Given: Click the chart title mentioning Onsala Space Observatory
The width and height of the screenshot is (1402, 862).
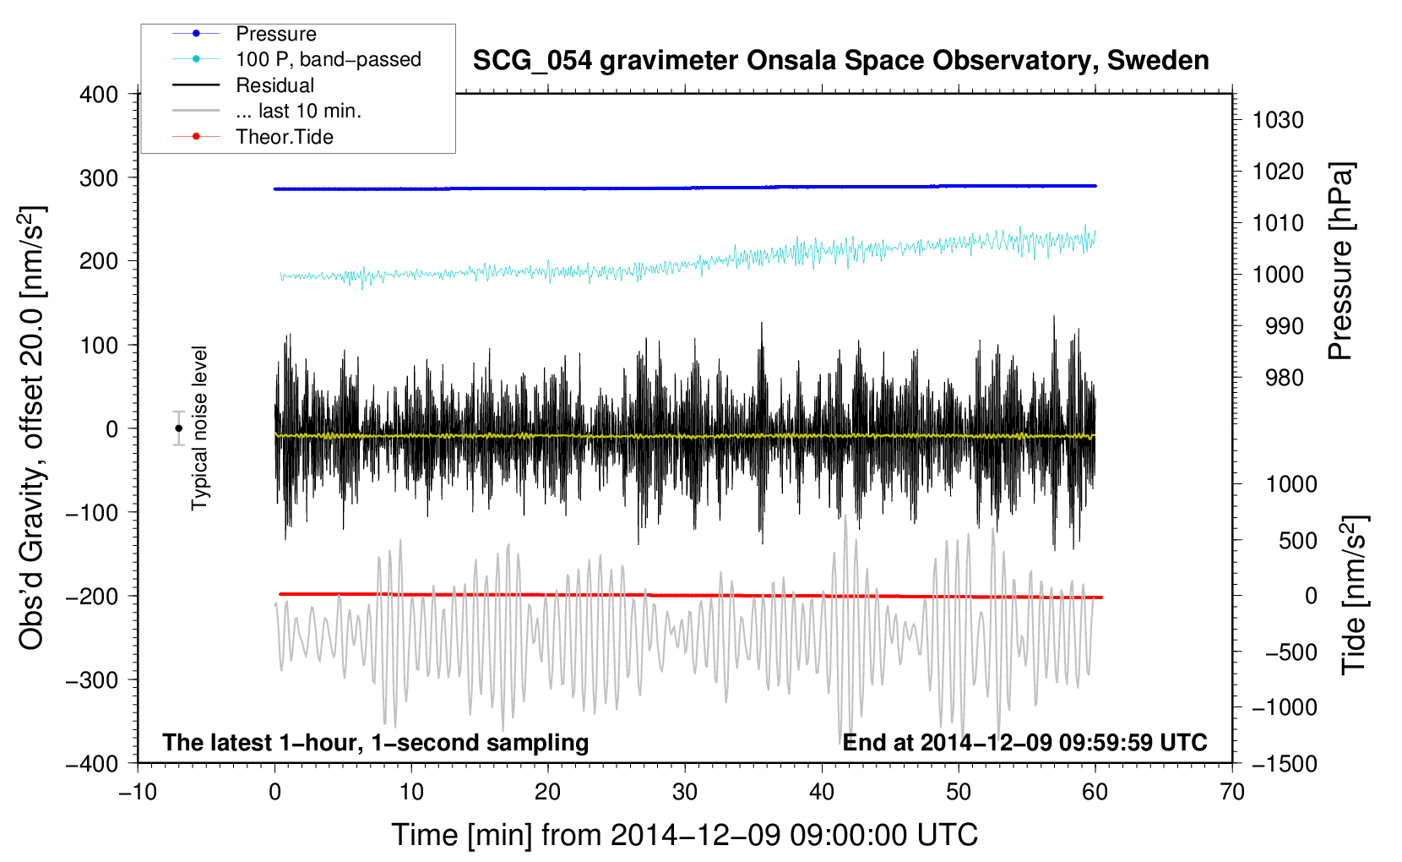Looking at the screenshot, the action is [840, 61].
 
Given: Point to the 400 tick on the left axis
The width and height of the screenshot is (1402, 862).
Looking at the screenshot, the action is [99, 95].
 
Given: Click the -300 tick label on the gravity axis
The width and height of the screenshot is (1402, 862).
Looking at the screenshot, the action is [92, 679].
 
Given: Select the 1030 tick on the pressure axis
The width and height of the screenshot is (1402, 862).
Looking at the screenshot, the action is [1278, 120].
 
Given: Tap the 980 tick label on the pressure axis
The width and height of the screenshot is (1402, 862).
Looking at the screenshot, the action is [1285, 378].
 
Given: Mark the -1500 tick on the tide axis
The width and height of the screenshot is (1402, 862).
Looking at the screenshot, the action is [1285, 764].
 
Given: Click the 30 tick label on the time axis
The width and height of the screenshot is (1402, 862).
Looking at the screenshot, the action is [685, 793].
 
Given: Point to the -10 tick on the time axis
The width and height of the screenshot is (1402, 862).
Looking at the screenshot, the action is [138, 793].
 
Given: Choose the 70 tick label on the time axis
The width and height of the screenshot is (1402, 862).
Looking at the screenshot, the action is [1231, 793].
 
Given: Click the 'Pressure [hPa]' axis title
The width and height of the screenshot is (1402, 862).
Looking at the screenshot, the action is [1340, 260].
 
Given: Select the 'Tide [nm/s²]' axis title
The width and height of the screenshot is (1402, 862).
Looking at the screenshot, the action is [1355, 595].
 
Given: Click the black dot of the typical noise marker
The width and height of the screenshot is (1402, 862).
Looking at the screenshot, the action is [178, 428].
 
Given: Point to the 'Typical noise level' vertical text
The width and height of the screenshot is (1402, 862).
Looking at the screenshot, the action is [199, 428].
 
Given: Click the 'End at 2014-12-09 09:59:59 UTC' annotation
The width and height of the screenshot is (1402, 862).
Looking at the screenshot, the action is [1024, 742].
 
